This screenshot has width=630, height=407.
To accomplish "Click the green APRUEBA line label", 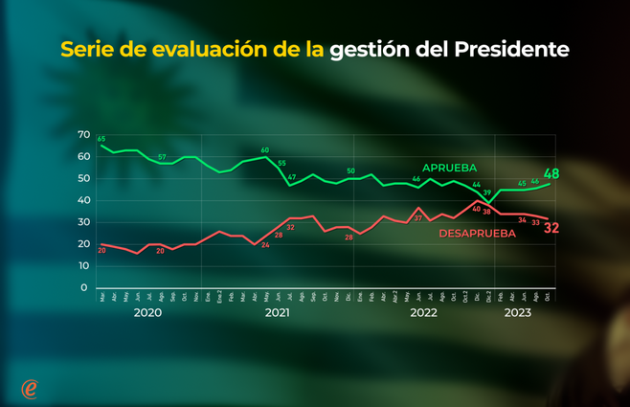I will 449,169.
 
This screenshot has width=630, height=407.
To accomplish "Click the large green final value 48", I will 551,174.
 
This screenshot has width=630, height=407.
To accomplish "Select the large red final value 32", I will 551,228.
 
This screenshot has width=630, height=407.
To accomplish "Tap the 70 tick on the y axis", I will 83,135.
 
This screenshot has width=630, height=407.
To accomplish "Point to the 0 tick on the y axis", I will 84,287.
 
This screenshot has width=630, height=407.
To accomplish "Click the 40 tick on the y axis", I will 83,200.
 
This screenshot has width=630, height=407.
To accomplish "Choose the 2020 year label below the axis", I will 147,312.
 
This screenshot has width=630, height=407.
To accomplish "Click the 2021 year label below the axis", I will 277,312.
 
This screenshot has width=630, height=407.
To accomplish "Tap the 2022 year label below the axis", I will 423,312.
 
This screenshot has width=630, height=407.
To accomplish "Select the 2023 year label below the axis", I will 518,312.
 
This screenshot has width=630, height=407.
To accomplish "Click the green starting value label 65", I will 101,140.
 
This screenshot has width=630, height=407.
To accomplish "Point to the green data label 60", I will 265,150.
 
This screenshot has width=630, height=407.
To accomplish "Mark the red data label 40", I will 476,209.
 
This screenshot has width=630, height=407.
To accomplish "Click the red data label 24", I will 265,246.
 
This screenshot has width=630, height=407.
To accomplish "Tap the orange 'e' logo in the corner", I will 30,388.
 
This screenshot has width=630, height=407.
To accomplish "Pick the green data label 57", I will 162,157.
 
